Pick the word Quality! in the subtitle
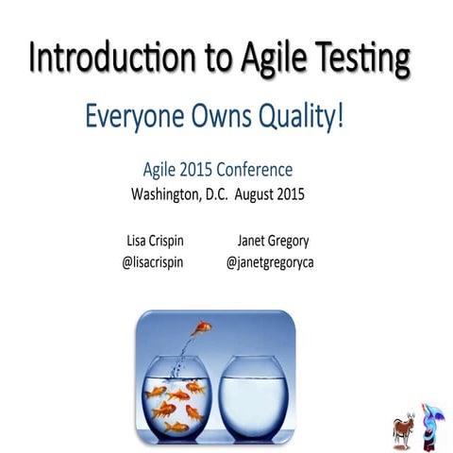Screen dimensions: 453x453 tap(301, 119)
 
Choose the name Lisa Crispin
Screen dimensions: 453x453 tap(153, 240)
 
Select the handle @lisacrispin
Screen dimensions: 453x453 tap(153, 261)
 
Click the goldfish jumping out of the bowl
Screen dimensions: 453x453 tap(200, 327)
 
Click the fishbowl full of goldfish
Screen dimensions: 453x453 tap(176, 397)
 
